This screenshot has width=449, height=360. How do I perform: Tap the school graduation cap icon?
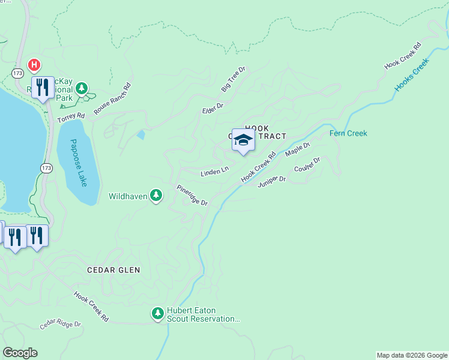click(243, 140)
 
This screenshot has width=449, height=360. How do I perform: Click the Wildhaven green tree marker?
click(156, 195)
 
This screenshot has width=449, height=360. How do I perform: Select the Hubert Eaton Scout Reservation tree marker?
click(157, 313)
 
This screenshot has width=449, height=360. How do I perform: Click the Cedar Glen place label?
click(113, 270)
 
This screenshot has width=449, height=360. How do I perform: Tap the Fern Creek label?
click(348, 133)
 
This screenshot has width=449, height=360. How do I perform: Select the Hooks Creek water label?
click(413, 75)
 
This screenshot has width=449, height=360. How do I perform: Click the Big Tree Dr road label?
click(233, 81)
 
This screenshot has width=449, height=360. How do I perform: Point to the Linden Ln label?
click(214, 172)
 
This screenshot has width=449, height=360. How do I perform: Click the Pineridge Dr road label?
click(191, 195)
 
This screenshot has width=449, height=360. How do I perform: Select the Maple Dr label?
click(297, 149)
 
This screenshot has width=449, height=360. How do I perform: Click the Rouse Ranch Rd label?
click(112, 95)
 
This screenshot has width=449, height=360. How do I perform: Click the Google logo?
click(20, 353)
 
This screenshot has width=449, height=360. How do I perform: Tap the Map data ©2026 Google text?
click(411, 355)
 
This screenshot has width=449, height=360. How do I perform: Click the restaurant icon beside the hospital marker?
click(42, 87)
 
